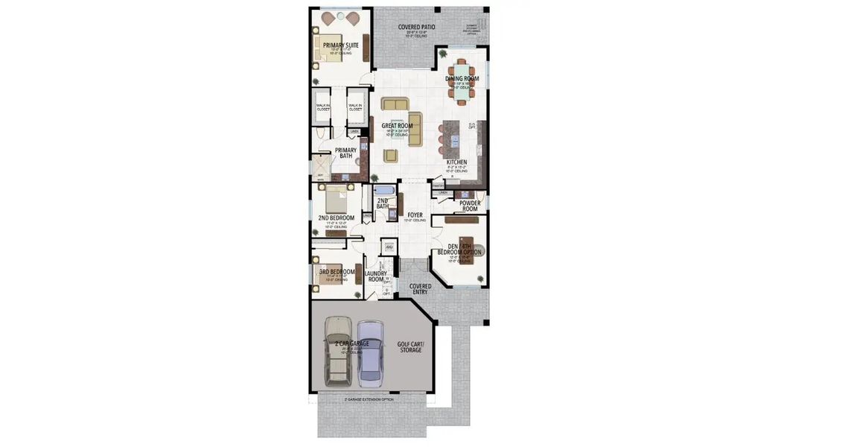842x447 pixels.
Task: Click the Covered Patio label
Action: click(x=416, y=28)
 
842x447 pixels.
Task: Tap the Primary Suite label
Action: click(x=340, y=45)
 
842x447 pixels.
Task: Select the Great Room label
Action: click(x=397, y=126)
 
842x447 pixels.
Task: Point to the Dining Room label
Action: click(x=462, y=78)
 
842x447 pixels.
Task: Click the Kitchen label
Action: click(x=456, y=162)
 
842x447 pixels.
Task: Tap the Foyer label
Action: click(x=415, y=215)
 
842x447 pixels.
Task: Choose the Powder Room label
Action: click(x=469, y=206)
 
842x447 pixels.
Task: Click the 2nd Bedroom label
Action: click(x=336, y=218)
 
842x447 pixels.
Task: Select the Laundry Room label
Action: click(x=375, y=276)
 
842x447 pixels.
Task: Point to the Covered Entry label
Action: click(x=420, y=289)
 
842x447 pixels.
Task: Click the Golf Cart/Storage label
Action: click(x=409, y=347)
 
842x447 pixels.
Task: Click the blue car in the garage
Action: click(x=370, y=352)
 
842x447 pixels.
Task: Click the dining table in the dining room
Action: click(x=462, y=78)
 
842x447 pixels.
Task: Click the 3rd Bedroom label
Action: click(x=337, y=272)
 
